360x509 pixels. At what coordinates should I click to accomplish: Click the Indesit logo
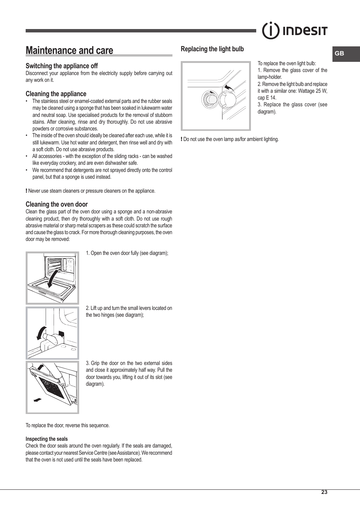tap(295, 31)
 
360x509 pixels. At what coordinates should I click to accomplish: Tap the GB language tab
tap(339, 54)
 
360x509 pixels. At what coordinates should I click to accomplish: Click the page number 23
tap(324, 492)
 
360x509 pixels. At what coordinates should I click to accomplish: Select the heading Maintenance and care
tap(69, 51)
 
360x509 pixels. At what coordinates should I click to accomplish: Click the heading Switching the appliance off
tap(62, 66)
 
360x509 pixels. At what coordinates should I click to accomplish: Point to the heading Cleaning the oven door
tap(57, 204)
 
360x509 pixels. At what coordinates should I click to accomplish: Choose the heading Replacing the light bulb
tap(212, 49)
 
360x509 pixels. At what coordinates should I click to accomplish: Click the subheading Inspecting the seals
tap(47, 439)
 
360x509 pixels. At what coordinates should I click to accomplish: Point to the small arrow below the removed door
tap(37, 400)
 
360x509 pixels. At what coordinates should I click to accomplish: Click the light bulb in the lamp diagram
tap(209, 100)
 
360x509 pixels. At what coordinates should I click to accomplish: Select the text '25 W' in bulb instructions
tap(321, 91)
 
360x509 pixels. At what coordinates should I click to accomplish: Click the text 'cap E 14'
tap(267, 98)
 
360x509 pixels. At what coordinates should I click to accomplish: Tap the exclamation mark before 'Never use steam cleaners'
tap(26, 191)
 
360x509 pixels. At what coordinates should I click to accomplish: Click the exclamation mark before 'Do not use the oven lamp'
tap(182, 139)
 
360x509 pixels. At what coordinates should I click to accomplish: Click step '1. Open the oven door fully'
tap(127, 253)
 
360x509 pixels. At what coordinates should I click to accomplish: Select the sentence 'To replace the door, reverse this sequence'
tap(68, 425)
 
